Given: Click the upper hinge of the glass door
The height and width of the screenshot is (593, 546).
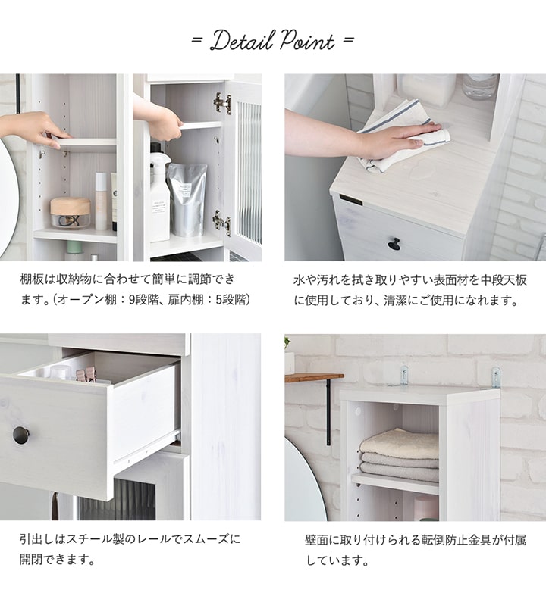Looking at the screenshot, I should [221, 102].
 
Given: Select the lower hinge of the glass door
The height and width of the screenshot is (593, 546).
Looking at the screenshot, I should [221, 223].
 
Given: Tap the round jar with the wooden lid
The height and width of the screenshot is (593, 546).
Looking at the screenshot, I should [70, 212].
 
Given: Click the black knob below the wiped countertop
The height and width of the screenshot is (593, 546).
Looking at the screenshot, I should [394, 244].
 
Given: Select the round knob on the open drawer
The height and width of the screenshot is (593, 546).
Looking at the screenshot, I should [21, 435].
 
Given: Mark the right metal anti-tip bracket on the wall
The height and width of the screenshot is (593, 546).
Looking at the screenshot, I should [496, 376].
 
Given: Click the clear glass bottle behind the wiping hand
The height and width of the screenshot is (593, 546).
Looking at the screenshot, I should [479, 86].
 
